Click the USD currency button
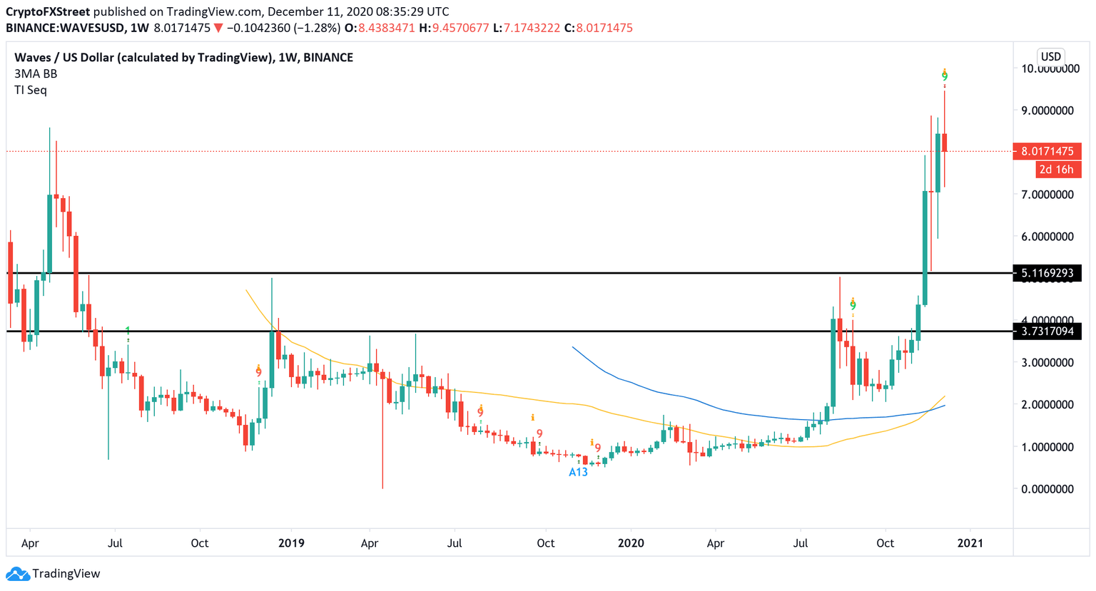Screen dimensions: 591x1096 pos(1050,57)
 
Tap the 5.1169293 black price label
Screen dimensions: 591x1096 pos(1047,273)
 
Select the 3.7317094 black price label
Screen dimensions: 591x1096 pos(1047,332)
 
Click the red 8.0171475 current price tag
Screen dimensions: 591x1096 pos(1047,151)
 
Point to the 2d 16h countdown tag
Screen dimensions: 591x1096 pos(1055,170)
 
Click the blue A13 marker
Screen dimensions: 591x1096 pos(578,472)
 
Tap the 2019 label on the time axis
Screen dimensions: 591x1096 pos(291,543)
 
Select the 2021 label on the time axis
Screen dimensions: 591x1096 pos(970,543)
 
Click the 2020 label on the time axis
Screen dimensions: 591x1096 pos(631,543)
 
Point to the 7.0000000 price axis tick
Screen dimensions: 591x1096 pos(1047,195)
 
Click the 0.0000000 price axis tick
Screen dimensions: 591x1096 pos(1047,489)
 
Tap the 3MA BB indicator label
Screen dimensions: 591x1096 pos(36,73)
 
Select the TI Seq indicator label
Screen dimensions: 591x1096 pos(31,90)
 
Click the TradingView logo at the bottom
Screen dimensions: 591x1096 pos(54,574)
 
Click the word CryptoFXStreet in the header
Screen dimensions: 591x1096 pos(48,12)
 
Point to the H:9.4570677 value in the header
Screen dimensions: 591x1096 pos(454,28)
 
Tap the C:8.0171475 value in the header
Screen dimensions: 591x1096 pos(598,28)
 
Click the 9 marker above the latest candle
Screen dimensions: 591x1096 pos(945,77)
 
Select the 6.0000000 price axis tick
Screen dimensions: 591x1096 pos(1047,237)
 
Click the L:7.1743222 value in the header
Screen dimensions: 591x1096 pos(526,28)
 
